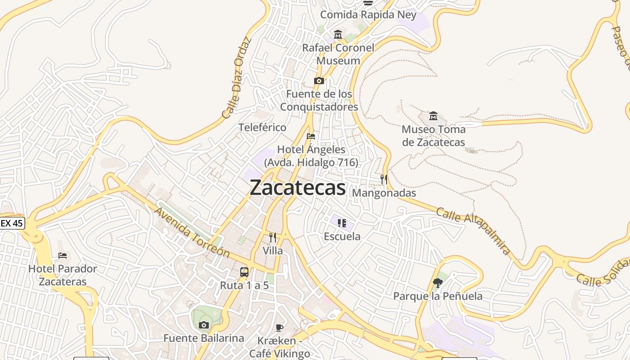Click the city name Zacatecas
pos(297,188)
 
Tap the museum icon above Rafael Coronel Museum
pos(338,35)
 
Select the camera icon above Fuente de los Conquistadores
pos(319,81)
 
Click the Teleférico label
pos(262,127)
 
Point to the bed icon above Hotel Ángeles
pos(310,136)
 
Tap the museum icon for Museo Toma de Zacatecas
pos(433,116)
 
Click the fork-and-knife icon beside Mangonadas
pos(384,180)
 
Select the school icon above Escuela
pos(342,223)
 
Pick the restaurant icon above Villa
pos(273,238)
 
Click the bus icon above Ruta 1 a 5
pos(244,272)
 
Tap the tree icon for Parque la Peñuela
pos(437,283)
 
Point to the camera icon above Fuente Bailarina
pos(204,325)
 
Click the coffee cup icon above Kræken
pos(279,328)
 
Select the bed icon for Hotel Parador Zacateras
pos(63,256)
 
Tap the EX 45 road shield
pos(12,223)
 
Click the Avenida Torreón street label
pos(192,233)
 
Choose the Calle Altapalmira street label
pos(474,231)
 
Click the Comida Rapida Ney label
pos(368,15)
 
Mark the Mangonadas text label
pos(384,193)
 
